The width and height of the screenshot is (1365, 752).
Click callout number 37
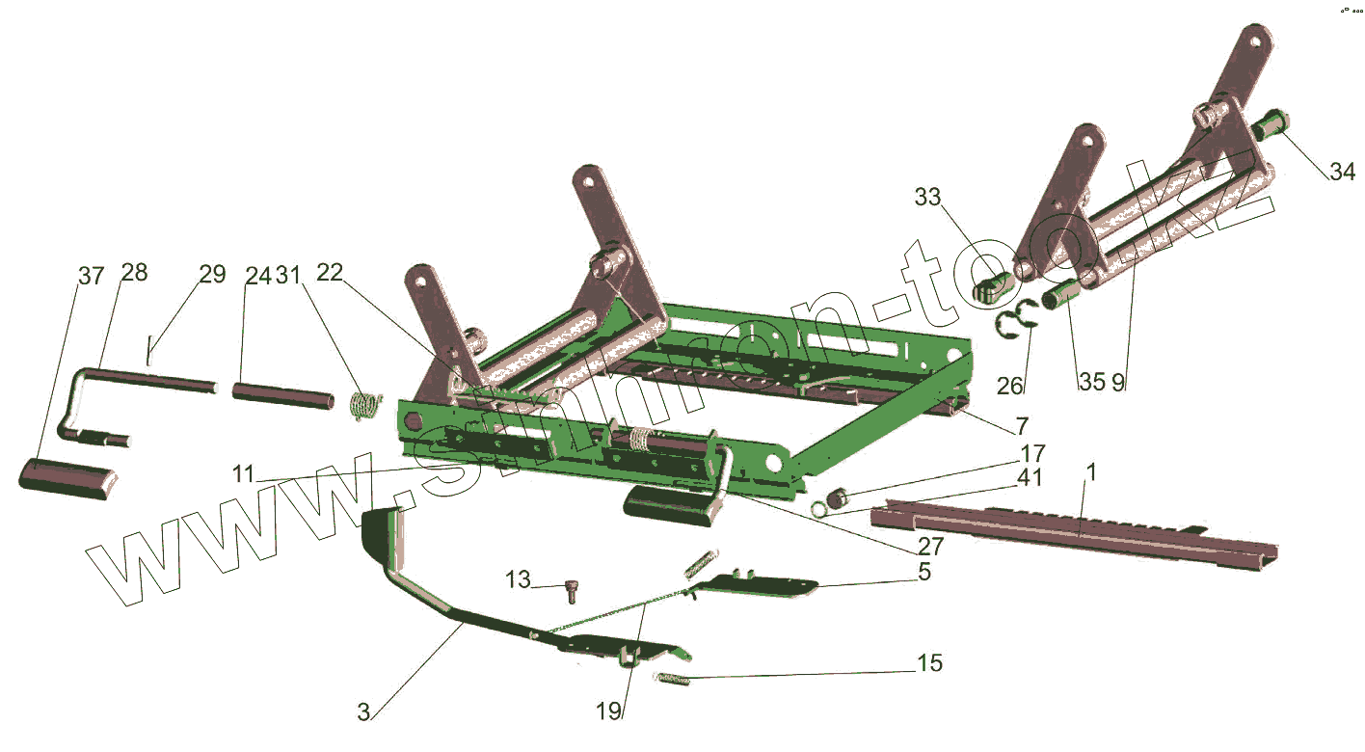coord(92,276)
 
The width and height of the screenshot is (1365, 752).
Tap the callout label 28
coord(134,273)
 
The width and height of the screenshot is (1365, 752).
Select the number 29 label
coord(212,274)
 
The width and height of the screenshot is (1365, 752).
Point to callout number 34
coord(1343,172)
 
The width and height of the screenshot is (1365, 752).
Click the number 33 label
coord(927,197)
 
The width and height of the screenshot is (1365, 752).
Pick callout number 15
coord(929,663)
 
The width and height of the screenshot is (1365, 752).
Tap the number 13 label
coord(518,579)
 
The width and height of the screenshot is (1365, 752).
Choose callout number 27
coord(930,547)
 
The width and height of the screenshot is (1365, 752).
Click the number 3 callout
coord(363,712)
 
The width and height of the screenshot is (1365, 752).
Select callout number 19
coord(609,712)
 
